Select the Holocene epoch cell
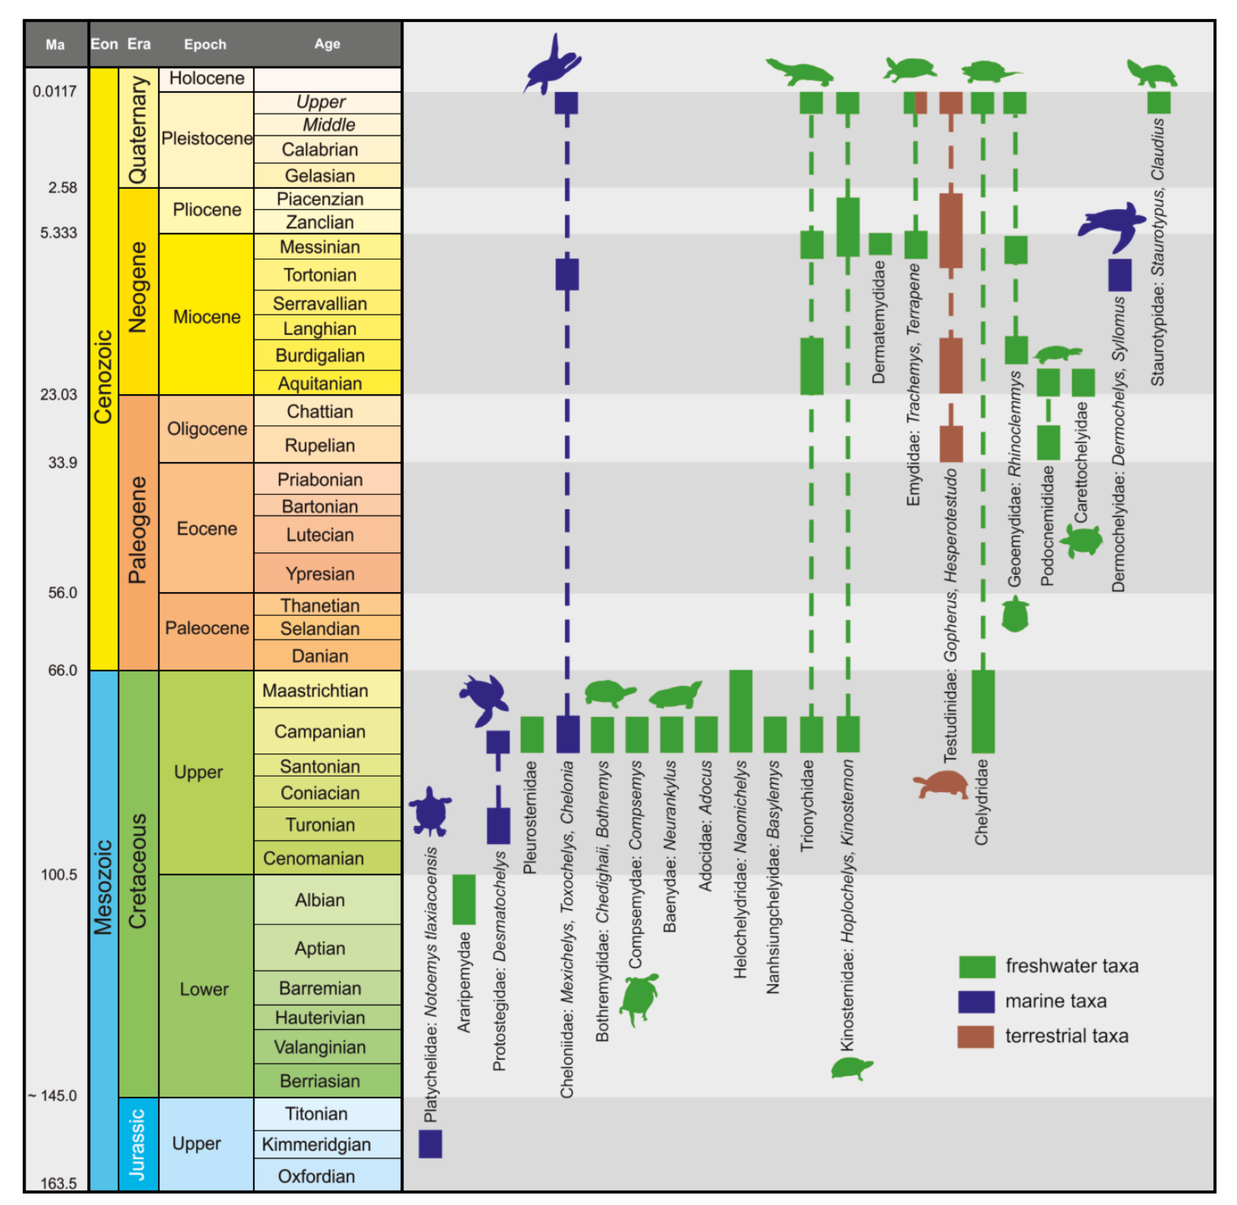(206, 79)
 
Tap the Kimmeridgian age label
(316, 1144)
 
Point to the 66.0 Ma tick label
(62, 670)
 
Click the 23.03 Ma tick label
(58, 394)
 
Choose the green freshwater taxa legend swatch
(977, 966)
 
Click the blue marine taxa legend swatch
(976, 1001)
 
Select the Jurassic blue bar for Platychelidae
(430, 1144)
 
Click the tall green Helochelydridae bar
(740, 711)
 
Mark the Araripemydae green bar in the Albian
(464, 899)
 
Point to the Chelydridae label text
(981, 802)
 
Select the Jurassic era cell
(138, 1144)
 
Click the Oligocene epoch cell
(206, 428)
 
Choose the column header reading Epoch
(205, 44)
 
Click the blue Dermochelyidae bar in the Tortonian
(1120, 275)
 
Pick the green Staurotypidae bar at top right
(1159, 102)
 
